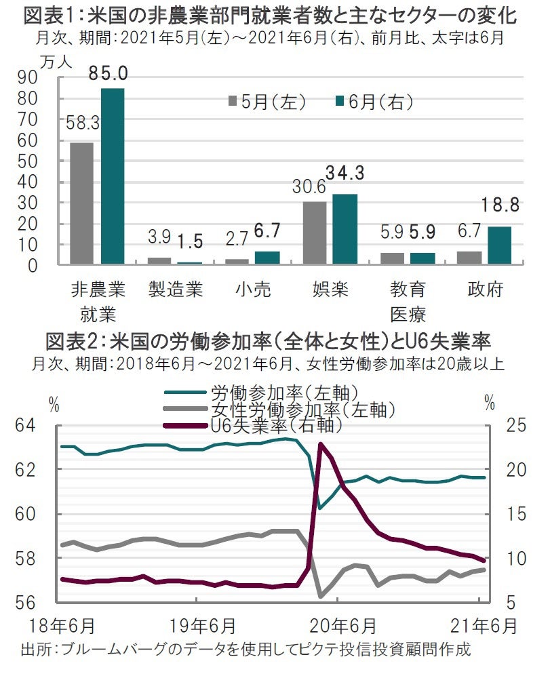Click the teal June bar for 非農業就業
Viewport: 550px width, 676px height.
click(x=113, y=176)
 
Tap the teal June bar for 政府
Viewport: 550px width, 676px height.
click(x=499, y=245)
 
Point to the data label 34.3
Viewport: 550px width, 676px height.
click(x=345, y=173)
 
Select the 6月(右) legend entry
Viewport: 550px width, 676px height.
click(x=374, y=102)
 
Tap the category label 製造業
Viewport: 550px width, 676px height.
click(x=176, y=290)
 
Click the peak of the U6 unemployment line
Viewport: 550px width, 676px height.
click(x=320, y=444)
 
